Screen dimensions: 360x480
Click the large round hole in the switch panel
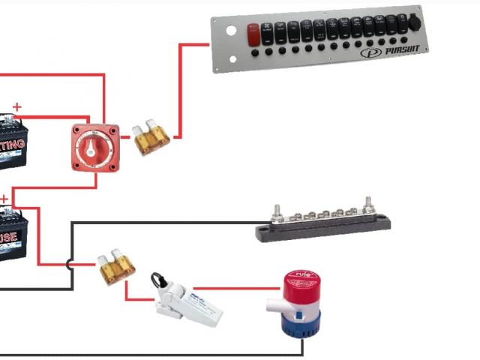click(231, 32)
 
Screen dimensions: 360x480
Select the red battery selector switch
click(94, 145)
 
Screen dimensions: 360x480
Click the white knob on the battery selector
click(95, 145)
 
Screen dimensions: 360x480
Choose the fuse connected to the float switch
click(117, 267)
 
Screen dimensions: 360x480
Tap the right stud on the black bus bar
click(368, 204)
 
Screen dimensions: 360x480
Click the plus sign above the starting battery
click(16, 107)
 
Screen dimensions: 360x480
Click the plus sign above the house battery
click(4, 199)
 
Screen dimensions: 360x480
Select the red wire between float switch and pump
click(240, 287)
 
